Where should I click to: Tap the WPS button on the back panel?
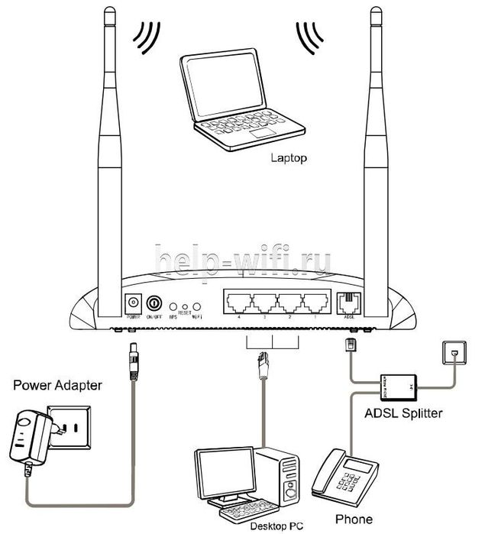[x=173, y=305]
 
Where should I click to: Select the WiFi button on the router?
[x=196, y=305]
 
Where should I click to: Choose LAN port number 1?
[x=314, y=301]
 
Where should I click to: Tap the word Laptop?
[x=288, y=159]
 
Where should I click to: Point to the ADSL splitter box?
[x=398, y=386]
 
